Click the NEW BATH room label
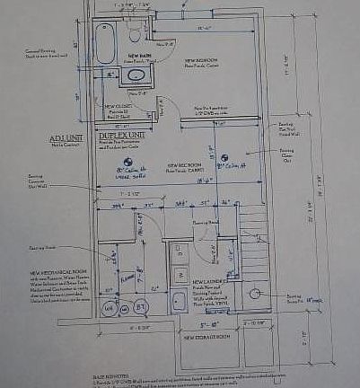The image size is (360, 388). (139, 56)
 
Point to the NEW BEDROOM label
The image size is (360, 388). (202, 61)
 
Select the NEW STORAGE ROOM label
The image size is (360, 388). (209, 337)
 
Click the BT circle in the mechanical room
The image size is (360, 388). (141, 307)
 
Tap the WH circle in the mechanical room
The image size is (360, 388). (111, 307)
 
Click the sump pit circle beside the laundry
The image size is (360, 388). (254, 293)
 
